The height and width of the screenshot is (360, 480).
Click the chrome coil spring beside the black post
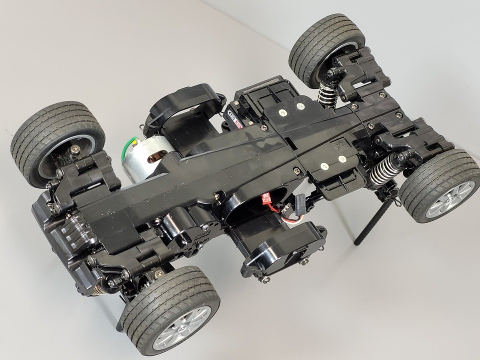pyautogui.click(x=386, y=170)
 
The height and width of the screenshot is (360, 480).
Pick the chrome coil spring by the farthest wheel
pyautogui.click(x=328, y=91)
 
